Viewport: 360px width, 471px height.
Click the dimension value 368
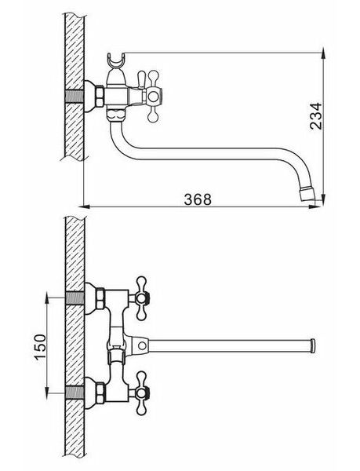click(198, 199)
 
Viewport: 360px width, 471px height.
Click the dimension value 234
click(315, 116)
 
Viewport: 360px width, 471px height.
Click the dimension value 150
click(40, 346)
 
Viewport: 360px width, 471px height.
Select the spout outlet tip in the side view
click(307, 195)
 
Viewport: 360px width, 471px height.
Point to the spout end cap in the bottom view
click(313, 346)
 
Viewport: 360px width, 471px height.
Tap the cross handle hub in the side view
click(153, 96)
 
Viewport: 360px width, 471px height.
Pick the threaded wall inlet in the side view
click(75, 97)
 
